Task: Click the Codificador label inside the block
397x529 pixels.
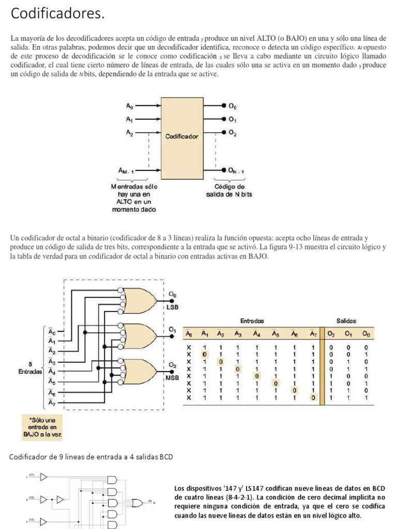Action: click(181, 137)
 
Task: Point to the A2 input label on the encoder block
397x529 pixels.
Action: click(129, 133)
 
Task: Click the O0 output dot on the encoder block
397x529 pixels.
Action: click(224, 105)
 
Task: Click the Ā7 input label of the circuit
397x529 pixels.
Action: click(52, 402)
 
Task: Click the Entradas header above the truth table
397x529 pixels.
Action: click(252, 321)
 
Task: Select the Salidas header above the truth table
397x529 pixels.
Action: click(346, 321)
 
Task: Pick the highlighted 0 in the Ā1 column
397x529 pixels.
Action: click(205, 355)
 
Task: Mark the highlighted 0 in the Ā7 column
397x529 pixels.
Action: click(313, 398)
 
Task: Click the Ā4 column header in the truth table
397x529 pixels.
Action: click(256, 334)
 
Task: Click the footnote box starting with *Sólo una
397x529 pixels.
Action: click(42, 428)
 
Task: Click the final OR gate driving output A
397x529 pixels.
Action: click(138, 502)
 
